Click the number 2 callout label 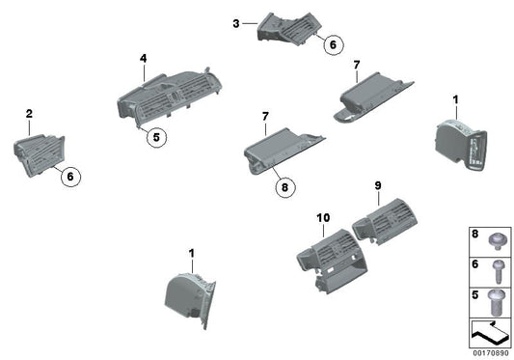pyautogui.click(x=29, y=114)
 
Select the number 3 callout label pyautogui.click(x=236, y=23)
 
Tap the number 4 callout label pyautogui.click(x=144, y=59)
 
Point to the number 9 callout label pyautogui.click(x=378, y=185)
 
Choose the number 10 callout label pyautogui.click(x=323, y=217)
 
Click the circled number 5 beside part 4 pyautogui.click(x=156, y=137)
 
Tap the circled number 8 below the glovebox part pyautogui.click(x=284, y=187)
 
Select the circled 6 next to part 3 pyautogui.click(x=333, y=44)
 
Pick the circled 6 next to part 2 pyautogui.click(x=70, y=177)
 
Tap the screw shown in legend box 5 pyautogui.click(x=497, y=302)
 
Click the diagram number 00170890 pyautogui.click(x=491, y=353)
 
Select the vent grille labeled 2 pyautogui.click(x=40, y=155)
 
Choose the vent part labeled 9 pyautogui.click(x=385, y=221)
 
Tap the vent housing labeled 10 pyautogui.click(x=332, y=261)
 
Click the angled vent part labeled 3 pyautogui.click(x=289, y=29)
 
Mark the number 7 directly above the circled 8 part pyautogui.click(x=265, y=116)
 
